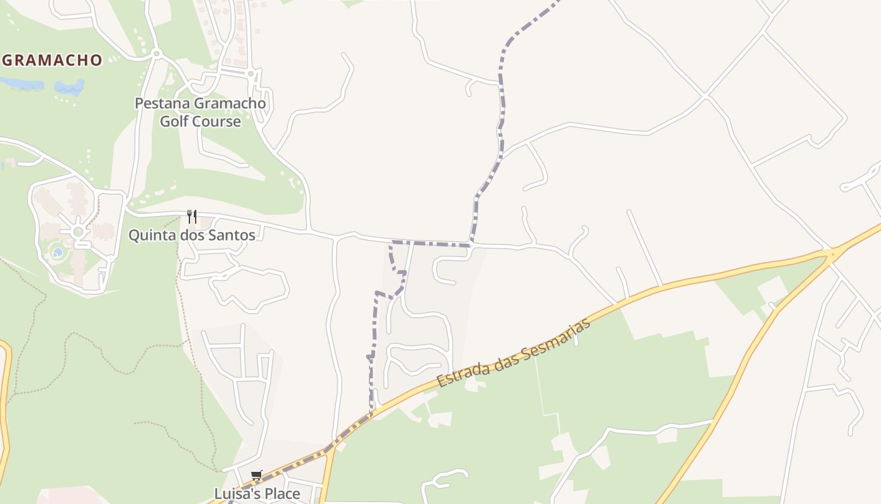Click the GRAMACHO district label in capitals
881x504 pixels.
click(52, 60)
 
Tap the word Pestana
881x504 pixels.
click(162, 103)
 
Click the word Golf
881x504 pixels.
click(174, 122)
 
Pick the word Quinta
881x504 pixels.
click(149, 235)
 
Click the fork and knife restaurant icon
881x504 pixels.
click(192, 217)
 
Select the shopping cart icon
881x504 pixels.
click(256, 476)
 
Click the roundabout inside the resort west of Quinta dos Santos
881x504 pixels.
click(78, 232)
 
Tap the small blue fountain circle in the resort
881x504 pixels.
click(57, 253)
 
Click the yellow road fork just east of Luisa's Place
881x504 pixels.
click(330, 449)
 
